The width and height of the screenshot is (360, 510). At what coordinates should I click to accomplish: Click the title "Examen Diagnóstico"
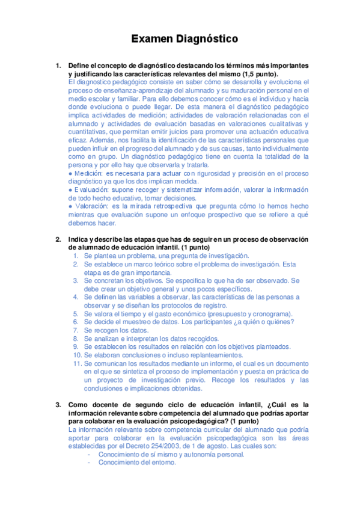[x=185, y=39]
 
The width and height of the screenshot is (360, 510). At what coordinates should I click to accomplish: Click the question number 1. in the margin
[x=58, y=65]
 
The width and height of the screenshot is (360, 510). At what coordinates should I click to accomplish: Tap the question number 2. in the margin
[x=58, y=239]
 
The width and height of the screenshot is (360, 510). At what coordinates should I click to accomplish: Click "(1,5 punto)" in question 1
[x=242, y=73]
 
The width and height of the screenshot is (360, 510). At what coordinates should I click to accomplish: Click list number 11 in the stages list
[x=76, y=364]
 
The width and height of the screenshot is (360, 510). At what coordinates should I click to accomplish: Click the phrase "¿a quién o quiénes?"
[x=263, y=322]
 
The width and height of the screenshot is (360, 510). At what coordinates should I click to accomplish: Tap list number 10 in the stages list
[x=76, y=355]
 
